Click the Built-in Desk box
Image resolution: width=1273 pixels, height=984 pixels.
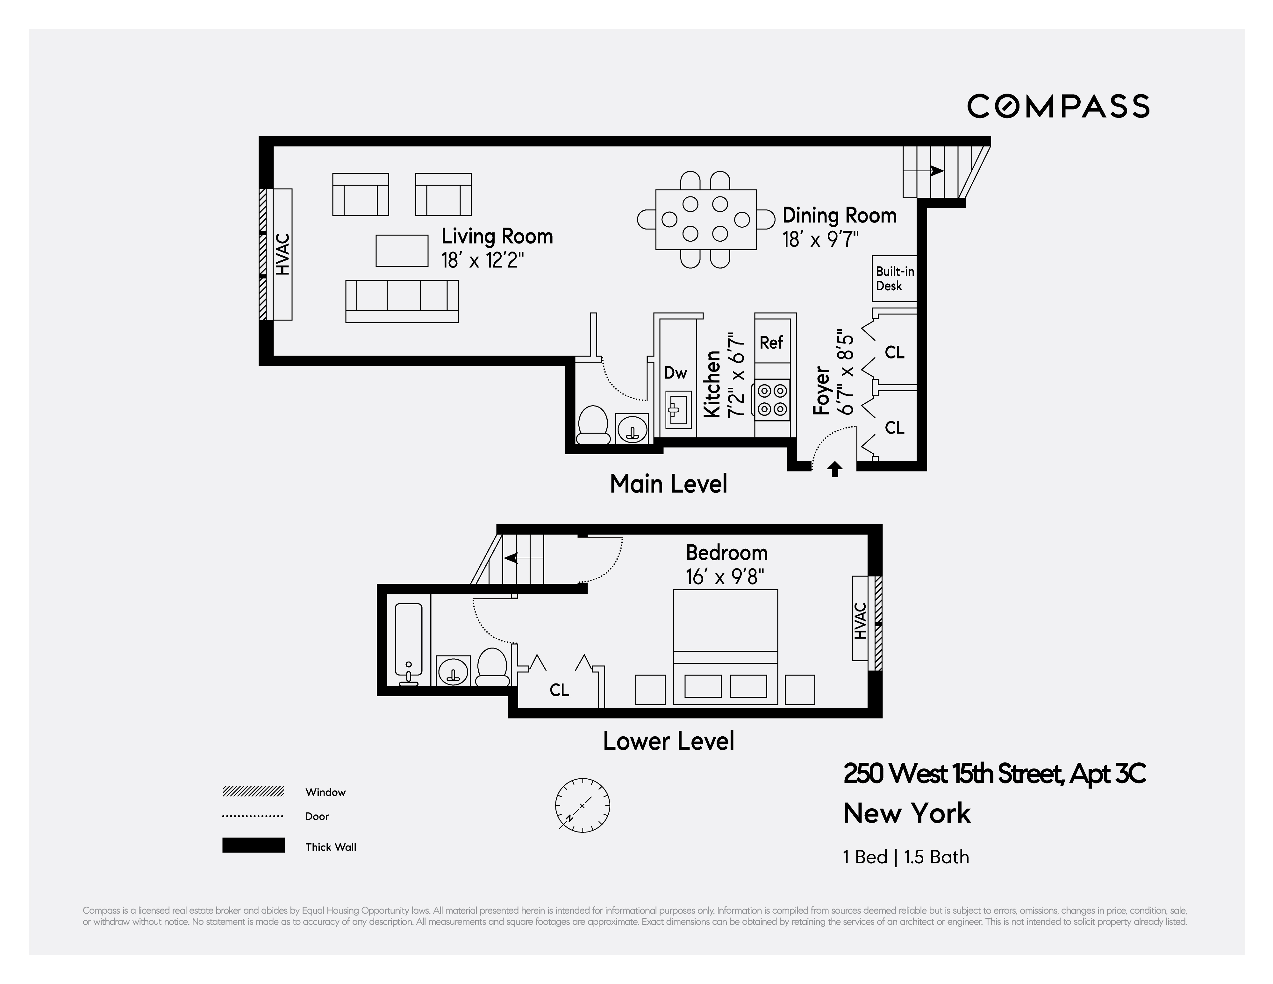pos(894,279)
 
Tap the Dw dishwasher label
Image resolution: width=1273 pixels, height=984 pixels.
pos(676,373)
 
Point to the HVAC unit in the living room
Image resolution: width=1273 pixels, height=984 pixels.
pos(283,255)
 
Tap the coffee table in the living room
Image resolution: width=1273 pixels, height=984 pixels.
pos(402,251)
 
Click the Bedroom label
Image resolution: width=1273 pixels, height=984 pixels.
pos(726,552)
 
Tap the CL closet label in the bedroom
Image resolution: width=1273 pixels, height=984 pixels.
pos(559,690)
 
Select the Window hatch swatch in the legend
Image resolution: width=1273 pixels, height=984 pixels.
pos(253,791)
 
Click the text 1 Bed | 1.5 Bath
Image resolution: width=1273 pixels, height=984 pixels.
pos(906,857)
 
